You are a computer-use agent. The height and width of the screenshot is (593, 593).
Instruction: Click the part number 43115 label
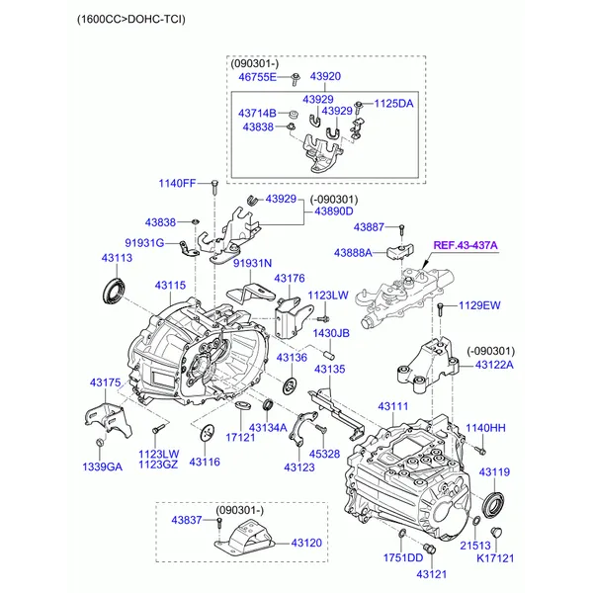(x=170, y=286)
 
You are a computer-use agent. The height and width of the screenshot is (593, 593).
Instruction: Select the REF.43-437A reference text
(x=466, y=245)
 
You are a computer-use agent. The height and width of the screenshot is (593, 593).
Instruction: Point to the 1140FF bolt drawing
(x=214, y=187)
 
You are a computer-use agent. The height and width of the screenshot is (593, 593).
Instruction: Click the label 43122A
(x=494, y=365)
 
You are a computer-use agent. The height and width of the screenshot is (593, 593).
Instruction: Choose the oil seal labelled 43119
(x=494, y=503)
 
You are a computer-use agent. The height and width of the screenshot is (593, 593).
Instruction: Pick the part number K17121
(x=495, y=558)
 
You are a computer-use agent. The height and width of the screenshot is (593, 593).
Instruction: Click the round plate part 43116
(x=207, y=433)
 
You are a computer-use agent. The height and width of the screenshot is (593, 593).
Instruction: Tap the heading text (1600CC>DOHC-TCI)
(x=131, y=19)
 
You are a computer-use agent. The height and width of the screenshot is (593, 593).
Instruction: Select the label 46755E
(x=257, y=77)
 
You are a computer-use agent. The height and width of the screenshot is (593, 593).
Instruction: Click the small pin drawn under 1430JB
(x=329, y=356)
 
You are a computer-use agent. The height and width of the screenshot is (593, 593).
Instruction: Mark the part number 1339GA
(x=103, y=467)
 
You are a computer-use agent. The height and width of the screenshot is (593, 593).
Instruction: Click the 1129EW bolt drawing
(x=440, y=309)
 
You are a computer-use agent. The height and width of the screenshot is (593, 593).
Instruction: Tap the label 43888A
(x=353, y=253)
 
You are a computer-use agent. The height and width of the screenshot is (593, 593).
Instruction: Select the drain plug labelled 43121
(x=429, y=549)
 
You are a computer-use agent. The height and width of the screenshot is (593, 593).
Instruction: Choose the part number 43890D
(x=334, y=212)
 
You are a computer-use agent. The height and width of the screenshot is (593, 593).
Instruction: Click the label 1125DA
(x=393, y=104)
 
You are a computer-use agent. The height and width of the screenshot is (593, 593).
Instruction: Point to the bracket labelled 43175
(x=108, y=420)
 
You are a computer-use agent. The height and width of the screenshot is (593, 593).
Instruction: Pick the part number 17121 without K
(x=240, y=438)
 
